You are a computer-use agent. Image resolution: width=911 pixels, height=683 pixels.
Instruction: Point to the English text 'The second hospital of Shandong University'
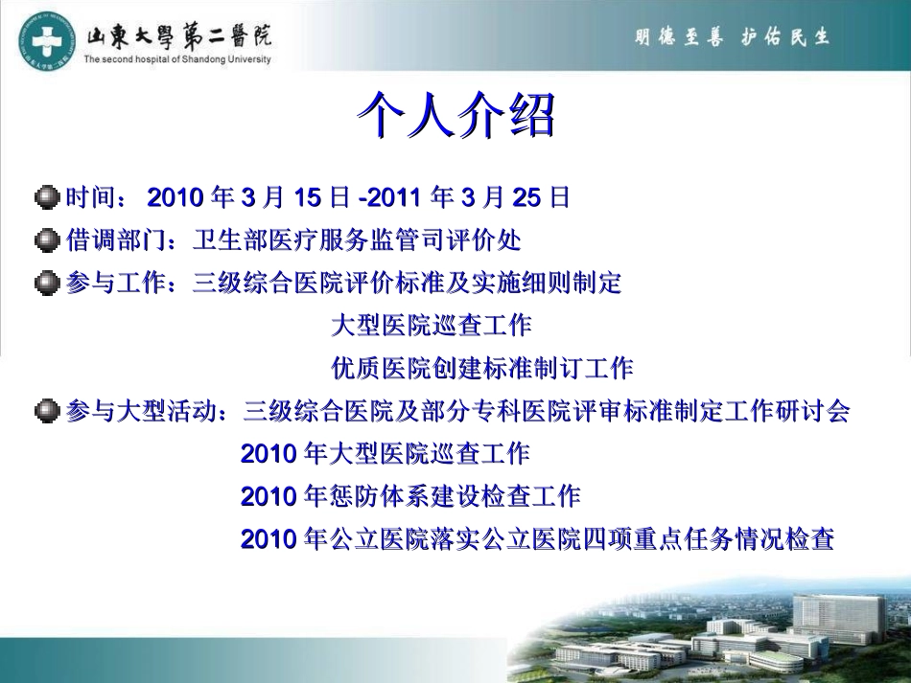[x=177, y=59]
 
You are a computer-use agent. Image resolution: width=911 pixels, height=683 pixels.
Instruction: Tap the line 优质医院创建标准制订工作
[x=481, y=368]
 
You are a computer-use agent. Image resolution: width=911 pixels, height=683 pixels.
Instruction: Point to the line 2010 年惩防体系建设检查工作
[x=410, y=497]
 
